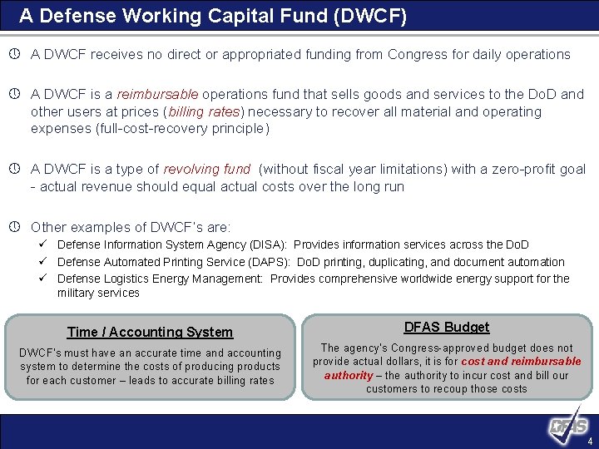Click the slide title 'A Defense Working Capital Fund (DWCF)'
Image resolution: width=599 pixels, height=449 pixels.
213,16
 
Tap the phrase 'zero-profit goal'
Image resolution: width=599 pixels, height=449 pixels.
539,169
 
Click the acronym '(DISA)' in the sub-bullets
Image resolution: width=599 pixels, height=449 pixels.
269,244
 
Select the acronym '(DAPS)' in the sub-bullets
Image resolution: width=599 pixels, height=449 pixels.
266,262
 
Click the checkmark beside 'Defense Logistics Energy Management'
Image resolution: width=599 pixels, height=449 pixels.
48,279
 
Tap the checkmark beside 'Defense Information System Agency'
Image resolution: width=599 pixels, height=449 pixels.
48,244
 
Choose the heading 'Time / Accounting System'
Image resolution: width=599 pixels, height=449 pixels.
150,332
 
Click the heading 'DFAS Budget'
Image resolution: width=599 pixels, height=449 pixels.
447,328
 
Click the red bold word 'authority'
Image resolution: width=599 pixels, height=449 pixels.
349,375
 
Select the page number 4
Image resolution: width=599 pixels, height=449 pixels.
590,441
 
